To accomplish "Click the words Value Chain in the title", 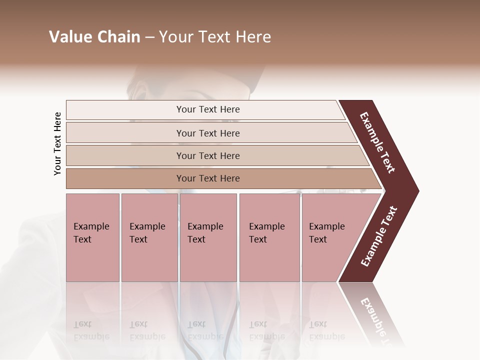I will [x=94, y=37].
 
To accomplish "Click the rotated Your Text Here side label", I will [x=57, y=144].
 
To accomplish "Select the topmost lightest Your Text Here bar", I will [x=208, y=109].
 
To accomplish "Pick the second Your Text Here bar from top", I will [x=208, y=133].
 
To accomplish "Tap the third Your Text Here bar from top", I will [x=208, y=155].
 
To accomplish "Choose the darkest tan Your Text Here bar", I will [x=208, y=178].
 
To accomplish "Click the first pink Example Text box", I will [x=92, y=237].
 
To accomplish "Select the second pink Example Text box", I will [x=149, y=237].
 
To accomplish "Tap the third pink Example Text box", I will [x=208, y=237].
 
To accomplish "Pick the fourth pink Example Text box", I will [x=269, y=237].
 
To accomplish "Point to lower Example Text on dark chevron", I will [x=379, y=236].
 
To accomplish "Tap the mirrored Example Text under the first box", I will [x=91, y=330].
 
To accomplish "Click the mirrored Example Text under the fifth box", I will [x=326, y=330].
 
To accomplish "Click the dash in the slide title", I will [x=149, y=37].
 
